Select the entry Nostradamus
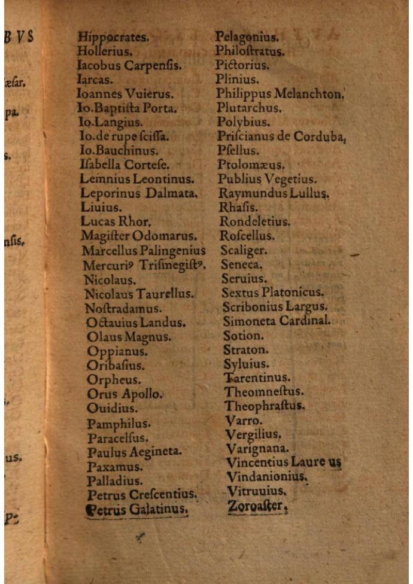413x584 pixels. (123, 309)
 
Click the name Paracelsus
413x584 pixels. (118, 439)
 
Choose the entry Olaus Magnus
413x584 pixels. (129, 337)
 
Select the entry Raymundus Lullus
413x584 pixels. (274, 193)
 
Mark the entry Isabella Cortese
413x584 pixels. (124, 165)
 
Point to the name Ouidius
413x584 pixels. (112, 409)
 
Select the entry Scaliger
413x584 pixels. (244, 250)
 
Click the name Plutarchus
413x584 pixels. (250, 108)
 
